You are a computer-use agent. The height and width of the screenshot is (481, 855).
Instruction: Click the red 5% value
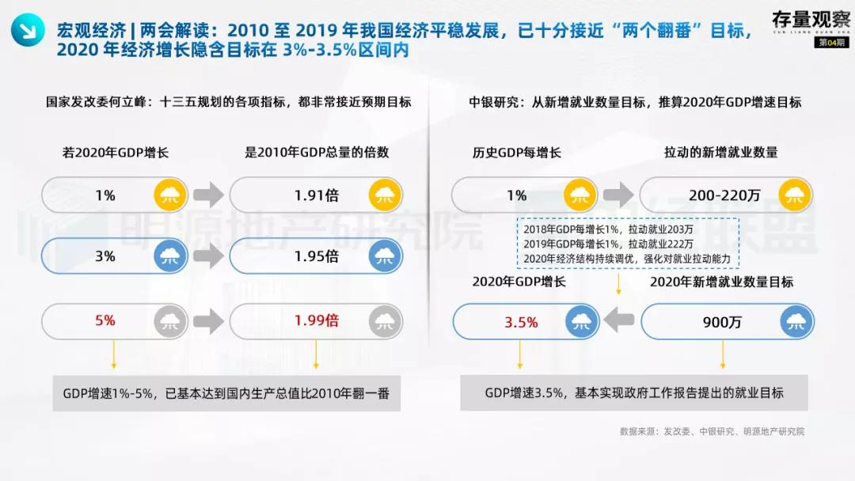pyautogui.click(x=105, y=320)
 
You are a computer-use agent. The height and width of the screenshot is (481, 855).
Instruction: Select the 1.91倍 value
pyautogui.click(x=316, y=195)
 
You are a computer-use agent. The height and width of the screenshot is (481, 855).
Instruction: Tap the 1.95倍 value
pyautogui.click(x=316, y=256)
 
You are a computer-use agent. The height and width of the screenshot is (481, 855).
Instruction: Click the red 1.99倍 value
pyautogui.click(x=316, y=320)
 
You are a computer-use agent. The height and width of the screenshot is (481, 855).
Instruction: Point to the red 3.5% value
pyautogui.click(x=521, y=322)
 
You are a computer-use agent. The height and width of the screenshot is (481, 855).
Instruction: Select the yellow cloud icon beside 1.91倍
pyautogui.click(x=386, y=195)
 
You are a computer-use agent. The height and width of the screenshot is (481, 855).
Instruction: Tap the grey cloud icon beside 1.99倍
pyautogui.click(x=386, y=320)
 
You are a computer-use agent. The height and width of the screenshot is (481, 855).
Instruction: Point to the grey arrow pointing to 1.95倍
pyautogui.click(x=208, y=256)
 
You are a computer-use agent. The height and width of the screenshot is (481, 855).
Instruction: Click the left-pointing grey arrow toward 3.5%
pyautogui.click(x=619, y=320)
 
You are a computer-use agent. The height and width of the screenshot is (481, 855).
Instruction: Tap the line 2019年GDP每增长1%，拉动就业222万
pyautogui.click(x=608, y=244)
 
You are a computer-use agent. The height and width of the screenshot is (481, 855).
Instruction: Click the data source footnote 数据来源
pyautogui.click(x=712, y=431)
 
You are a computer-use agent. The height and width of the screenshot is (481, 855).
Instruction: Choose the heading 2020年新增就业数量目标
pyautogui.click(x=721, y=282)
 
